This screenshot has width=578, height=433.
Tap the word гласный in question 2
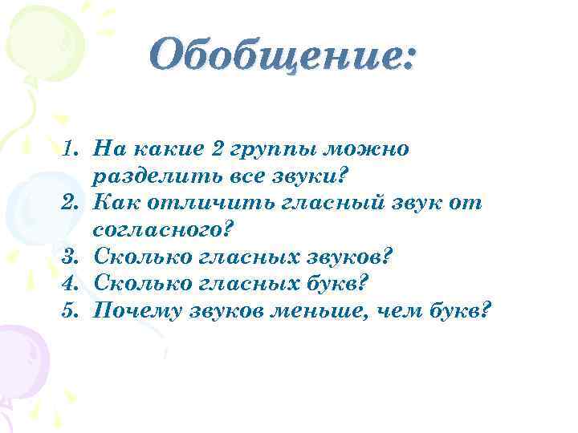(324, 203)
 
